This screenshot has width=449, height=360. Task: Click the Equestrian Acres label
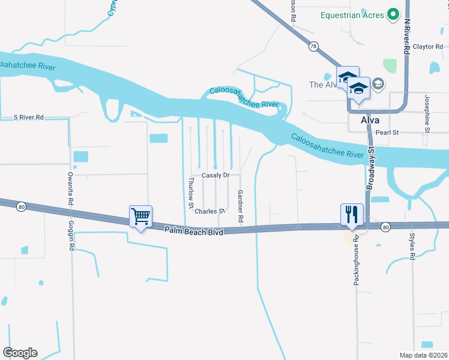(x=353, y=14)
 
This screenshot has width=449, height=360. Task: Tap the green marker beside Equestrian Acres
(x=394, y=14)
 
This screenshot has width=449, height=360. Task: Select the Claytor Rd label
(x=429, y=46)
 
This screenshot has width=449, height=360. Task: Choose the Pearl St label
(x=387, y=132)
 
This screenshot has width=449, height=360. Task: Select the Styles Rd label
(x=412, y=246)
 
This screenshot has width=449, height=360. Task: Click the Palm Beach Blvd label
(x=194, y=230)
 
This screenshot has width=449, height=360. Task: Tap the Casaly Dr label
(x=215, y=175)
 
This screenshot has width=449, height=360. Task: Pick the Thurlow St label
(x=191, y=193)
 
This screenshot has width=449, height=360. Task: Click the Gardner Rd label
(x=240, y=208)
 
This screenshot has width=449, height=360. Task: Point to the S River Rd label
(x=29, y=118)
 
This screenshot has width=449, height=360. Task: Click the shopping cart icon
(x=140, y=215)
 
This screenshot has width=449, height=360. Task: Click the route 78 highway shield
(x=313, y=46)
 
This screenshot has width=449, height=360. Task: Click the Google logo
(x=20, y=353)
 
